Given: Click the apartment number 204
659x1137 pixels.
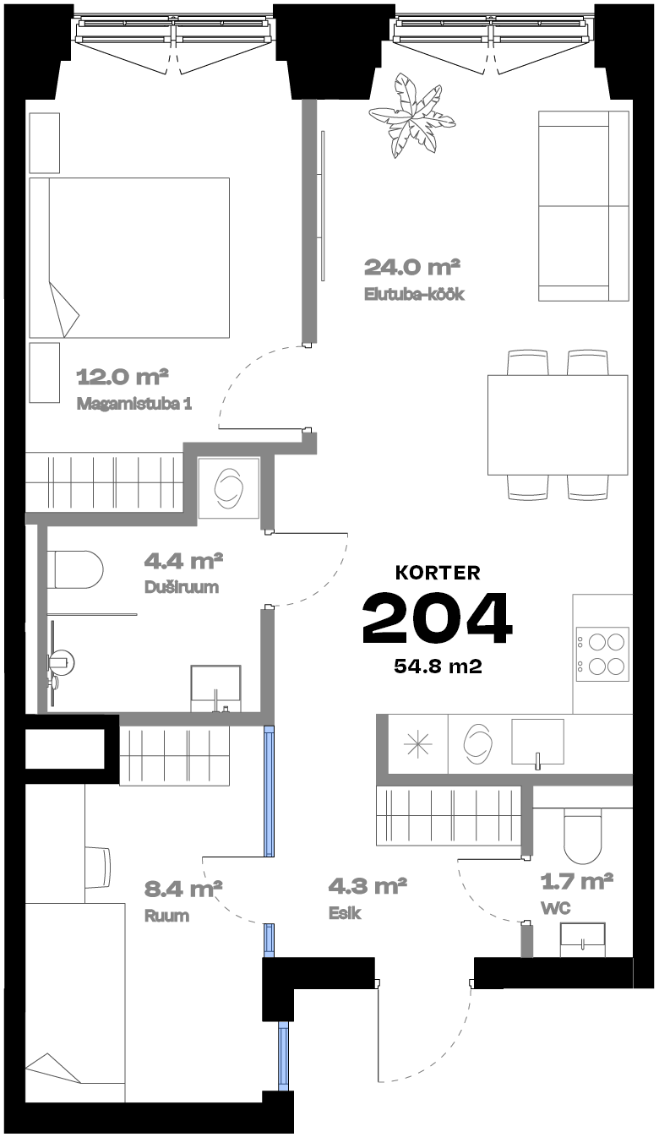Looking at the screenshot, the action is (437, 618).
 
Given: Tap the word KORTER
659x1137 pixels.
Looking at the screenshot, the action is (438, 573).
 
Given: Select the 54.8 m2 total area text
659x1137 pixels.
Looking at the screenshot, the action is (438, 666).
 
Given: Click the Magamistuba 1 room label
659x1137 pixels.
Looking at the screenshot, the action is (134, 404).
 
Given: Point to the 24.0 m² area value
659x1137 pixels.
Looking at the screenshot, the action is (412, 267).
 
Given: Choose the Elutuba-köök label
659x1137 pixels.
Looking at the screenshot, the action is (414, 295).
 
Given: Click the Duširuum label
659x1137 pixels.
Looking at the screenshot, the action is (182, 587).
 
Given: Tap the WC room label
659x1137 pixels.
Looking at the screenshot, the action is (556, 908).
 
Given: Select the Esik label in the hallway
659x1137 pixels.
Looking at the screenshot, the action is (345, 913).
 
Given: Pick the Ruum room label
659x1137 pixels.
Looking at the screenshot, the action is (167, 916).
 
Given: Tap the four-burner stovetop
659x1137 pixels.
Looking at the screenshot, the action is (602, 655).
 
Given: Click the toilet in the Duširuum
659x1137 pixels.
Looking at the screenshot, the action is (75, 569).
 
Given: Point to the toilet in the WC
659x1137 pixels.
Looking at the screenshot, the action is (582, 836).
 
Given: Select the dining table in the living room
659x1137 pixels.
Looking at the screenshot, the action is (558, 425).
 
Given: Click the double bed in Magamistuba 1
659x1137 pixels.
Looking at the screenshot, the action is (129, 258).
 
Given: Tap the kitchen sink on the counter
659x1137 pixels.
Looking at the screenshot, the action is (537, 743).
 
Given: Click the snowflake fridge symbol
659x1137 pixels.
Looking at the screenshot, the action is (417, 745).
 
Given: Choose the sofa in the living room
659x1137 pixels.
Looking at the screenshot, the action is (583, 205).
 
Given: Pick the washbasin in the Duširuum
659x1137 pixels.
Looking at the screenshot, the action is (215, 688).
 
